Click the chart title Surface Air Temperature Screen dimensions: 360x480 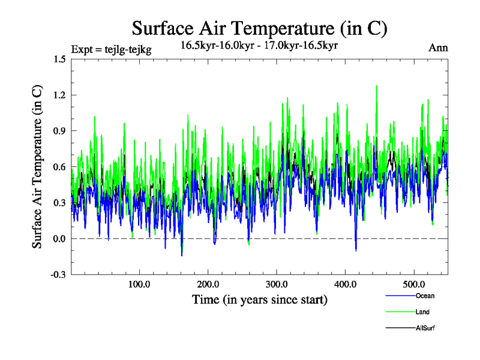[260, 28]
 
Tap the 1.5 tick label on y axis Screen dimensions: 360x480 [59, 59]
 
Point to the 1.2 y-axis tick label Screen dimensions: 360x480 [59, 95]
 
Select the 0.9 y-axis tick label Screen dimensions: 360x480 [59, 131]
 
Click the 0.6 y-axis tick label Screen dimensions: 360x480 [59, 167]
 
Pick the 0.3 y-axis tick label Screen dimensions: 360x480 [59, 203]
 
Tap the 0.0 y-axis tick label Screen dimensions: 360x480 [59, 239]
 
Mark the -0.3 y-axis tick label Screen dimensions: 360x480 [58, 275]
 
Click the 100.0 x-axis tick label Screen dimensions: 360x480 [139, 284]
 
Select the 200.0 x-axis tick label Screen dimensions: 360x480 [208, 284]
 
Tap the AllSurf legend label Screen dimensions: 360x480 [425, 328]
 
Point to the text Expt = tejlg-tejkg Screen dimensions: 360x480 [111, 49]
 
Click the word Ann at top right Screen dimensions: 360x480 [438, 48]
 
